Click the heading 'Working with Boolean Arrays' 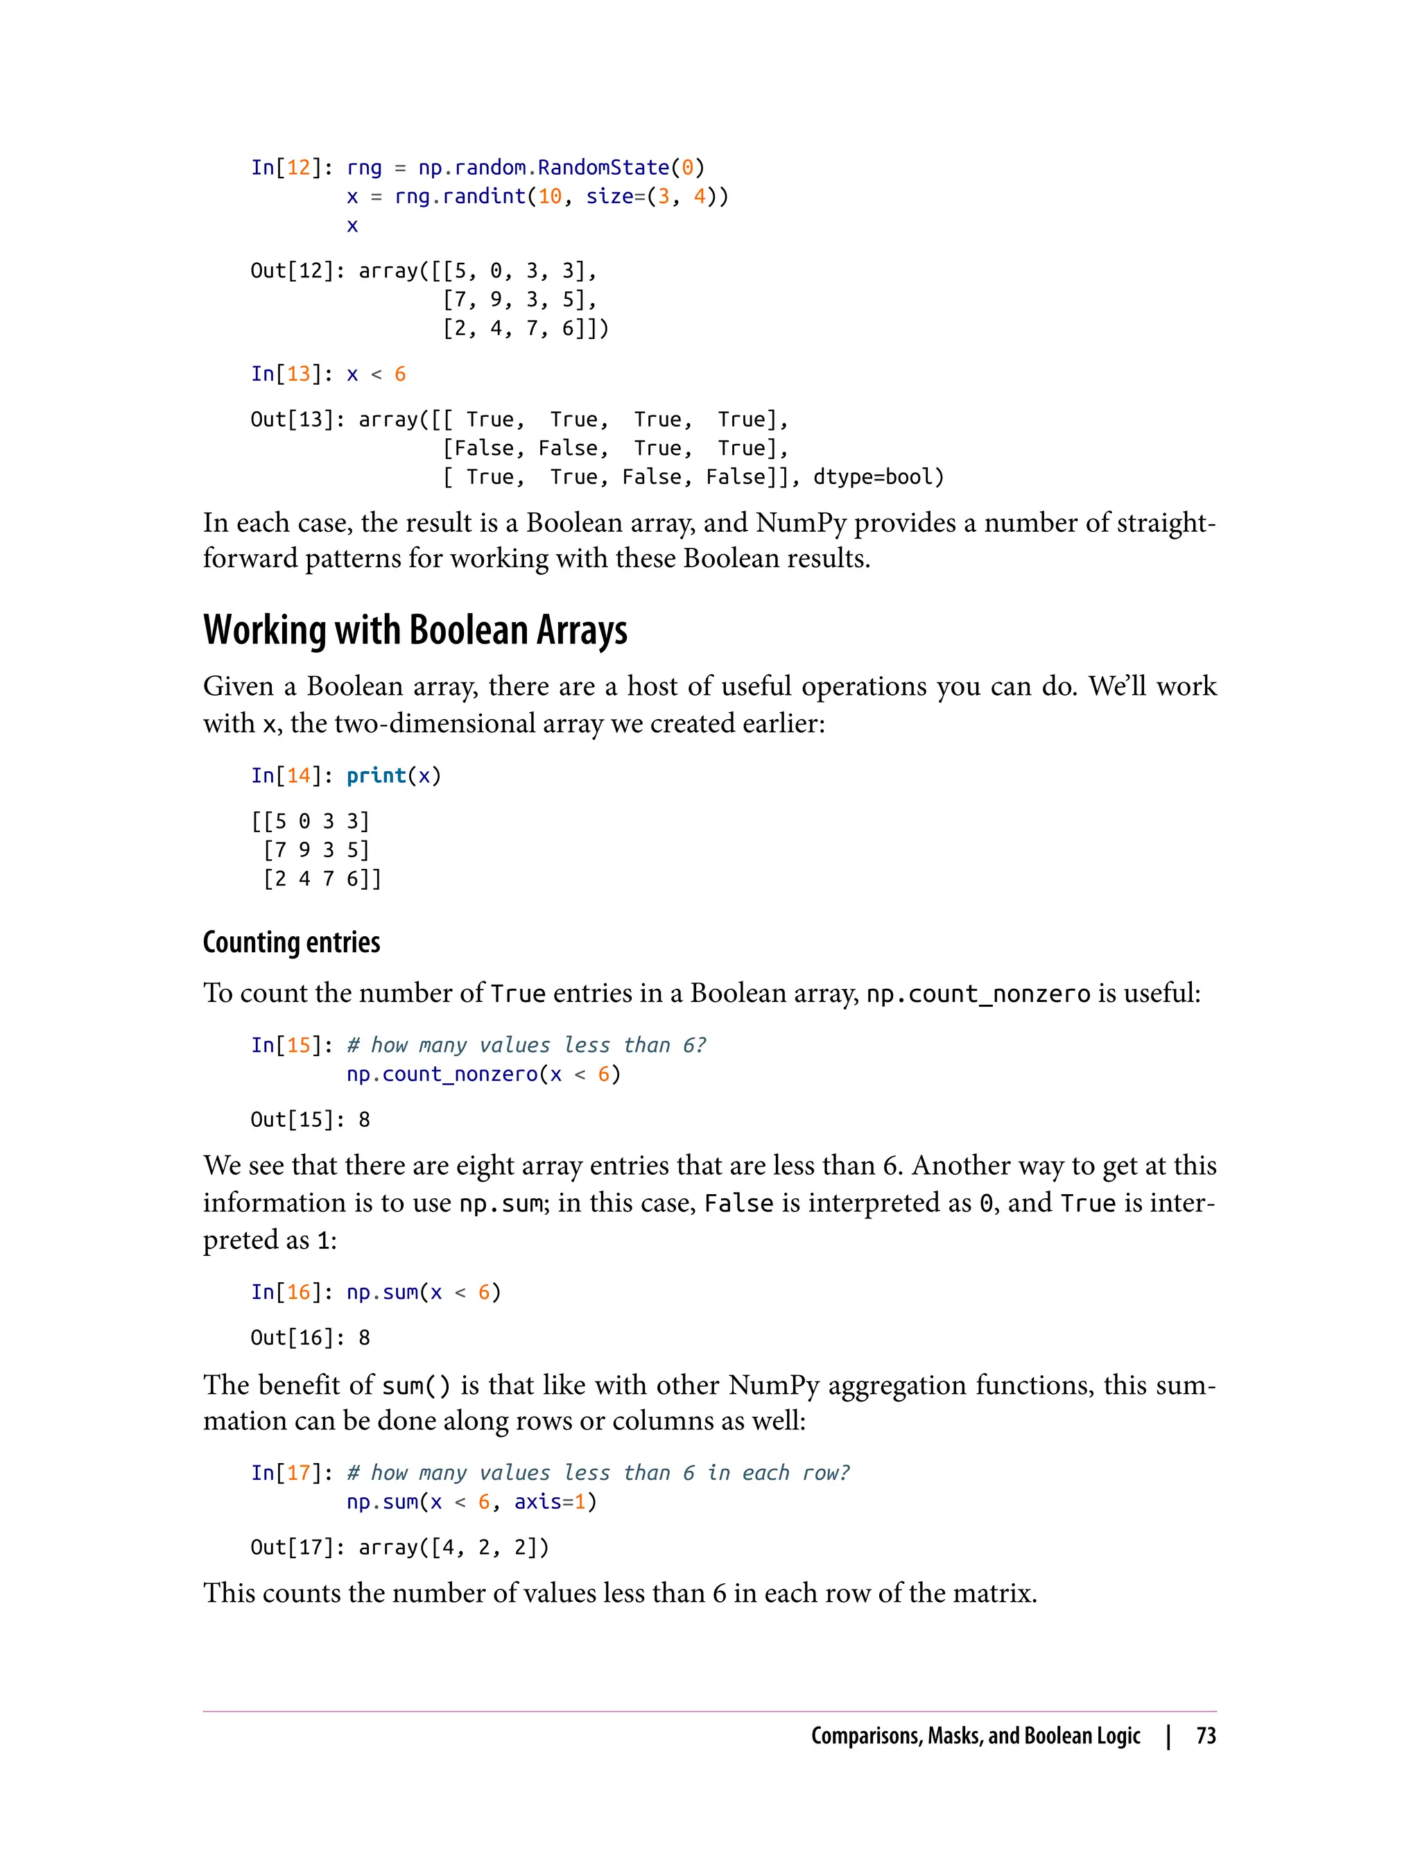(x=415, y=630)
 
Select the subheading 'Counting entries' (x=292, y=942)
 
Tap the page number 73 (x=1205, y=1736)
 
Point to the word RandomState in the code (x=603, y=167)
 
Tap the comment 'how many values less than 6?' (x=526, y=1045)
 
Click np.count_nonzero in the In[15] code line (x=442, y=1073)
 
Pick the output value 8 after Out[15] (x=364, y=1119)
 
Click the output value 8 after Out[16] (x=364, y=1338)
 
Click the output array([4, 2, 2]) (x=454, y=1547)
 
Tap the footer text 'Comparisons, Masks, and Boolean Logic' (x=976, y=1736)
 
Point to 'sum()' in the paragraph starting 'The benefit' (x=416, y=1386)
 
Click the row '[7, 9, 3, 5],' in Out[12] (x=520, y=300)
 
